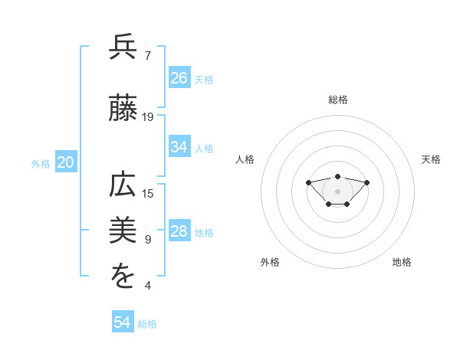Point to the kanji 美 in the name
pos(123,231)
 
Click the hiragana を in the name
pos(123,277)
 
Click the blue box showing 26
pos(179,78)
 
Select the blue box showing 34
pos(179,147)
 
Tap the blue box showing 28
pos(179,231)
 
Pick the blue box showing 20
pos(65,162)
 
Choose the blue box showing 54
pos(123,322)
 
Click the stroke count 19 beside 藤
pos(148,117)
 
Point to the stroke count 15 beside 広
pos(148,194)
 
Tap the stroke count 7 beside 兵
pos(148,56)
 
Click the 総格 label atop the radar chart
pos(338,100)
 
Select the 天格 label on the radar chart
pos(432,159)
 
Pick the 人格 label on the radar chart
pos(245,159)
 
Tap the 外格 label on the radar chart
pos(270,262)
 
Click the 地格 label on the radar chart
pos(402,262)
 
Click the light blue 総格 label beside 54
pos(147,324)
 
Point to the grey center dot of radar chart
pos(337,191)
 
